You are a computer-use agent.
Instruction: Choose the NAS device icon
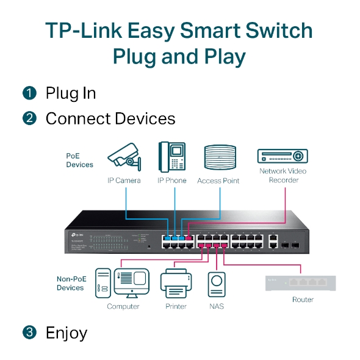pyautogui.click(x=216, y=284)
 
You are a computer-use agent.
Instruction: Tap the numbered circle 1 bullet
pyautogui.click(x=29, y=93)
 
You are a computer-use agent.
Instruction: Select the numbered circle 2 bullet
pyautogui.click(x=29, y=118)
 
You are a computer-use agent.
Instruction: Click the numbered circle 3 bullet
pyautogui.click(x=29, y=333)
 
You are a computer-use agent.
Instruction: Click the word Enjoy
pyautogui.click(x=66, y=333)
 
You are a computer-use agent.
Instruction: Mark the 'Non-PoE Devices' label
pyautogui.click(x=70, y=283)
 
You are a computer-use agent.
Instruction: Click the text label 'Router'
pyautogui.click(x=303, y=300)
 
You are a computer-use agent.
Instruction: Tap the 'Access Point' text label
pyautogui.click(x=218, y=181)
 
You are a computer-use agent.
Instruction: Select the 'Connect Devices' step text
pyautogui.click(x=110, y=118)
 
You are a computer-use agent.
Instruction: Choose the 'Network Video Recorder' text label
pyautogui.click(x=283, y=176)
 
